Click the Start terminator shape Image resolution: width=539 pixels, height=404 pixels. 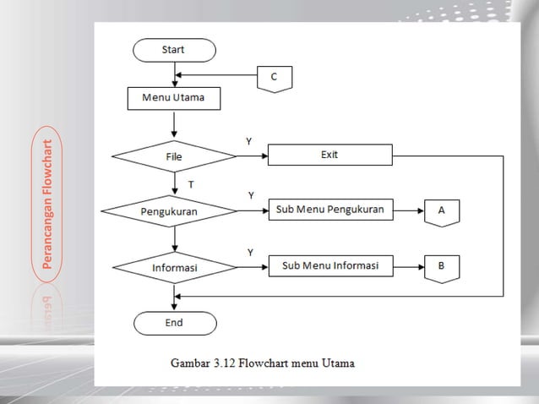coord(174,51)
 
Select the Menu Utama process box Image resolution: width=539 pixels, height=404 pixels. coord(173,99)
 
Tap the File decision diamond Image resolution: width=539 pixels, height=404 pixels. coord(174,156)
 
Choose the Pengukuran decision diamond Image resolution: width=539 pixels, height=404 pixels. coord(168,210)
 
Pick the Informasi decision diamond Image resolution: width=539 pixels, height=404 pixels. coord(174,268)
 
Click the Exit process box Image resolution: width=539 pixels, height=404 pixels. coord(329,156)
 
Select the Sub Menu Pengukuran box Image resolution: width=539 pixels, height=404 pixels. coord(329,210)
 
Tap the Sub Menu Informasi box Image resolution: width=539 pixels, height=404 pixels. coord(329,267)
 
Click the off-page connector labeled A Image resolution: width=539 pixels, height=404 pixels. coord(442,211)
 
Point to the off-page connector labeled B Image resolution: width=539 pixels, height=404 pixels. coord(442,268)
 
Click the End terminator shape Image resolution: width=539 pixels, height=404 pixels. coord(174,323)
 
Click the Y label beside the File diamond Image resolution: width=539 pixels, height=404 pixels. coord(248,141)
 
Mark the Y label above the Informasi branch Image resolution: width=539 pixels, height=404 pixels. coord(249,252)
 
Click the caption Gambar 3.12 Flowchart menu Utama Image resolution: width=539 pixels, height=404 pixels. coord(263,364)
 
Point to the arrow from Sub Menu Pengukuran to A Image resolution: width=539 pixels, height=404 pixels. coord(408,210)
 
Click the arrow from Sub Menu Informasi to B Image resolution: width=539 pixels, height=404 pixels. coord(408,267)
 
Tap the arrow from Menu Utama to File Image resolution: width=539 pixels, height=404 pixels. coord(174,123)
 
